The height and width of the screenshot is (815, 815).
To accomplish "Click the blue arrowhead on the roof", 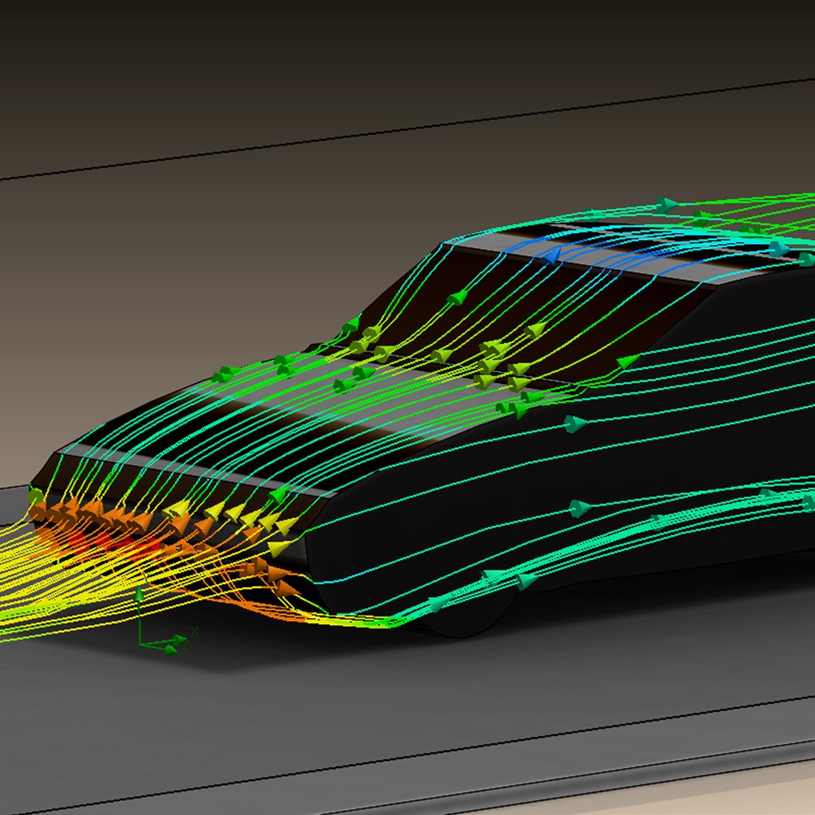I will coord(552,257).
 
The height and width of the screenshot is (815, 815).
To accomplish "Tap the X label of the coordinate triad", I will coord(194,631).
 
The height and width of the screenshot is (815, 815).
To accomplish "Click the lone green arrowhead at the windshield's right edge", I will coord(627,362).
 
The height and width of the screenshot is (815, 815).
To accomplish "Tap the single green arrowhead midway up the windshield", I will coord(456,299).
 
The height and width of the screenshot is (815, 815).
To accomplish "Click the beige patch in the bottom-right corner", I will coord(755,792).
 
